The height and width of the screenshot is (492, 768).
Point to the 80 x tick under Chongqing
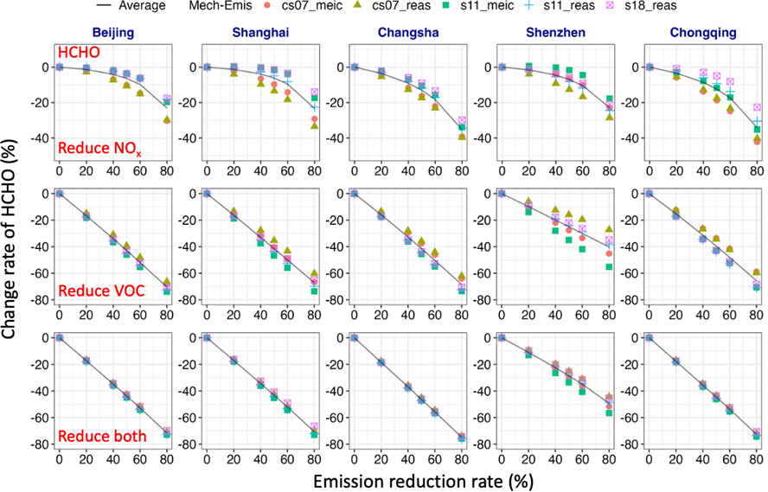[757, 459]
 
